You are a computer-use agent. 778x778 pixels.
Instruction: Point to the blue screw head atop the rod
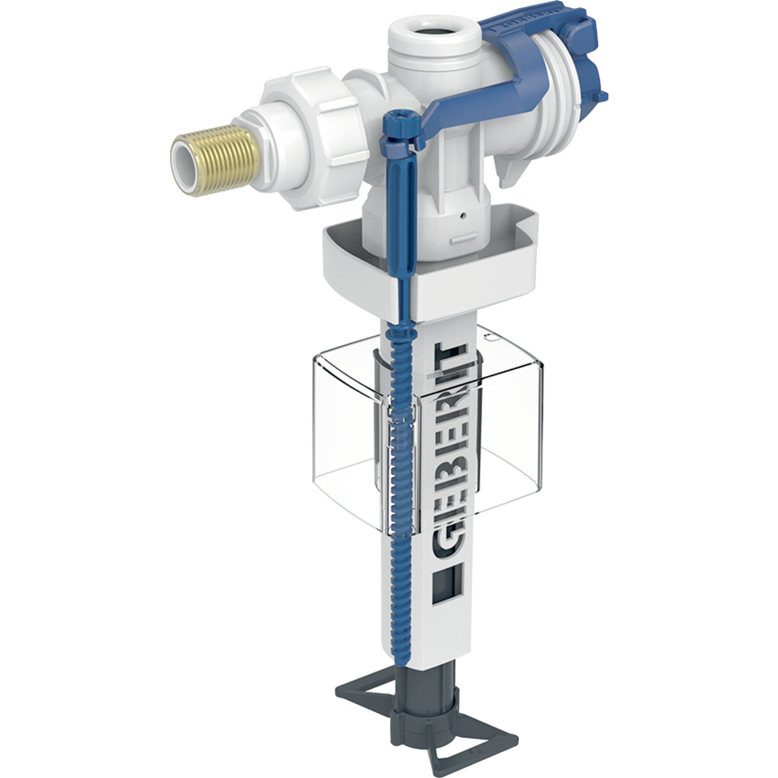(396, 120)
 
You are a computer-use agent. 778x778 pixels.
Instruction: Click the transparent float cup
(493, 441)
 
